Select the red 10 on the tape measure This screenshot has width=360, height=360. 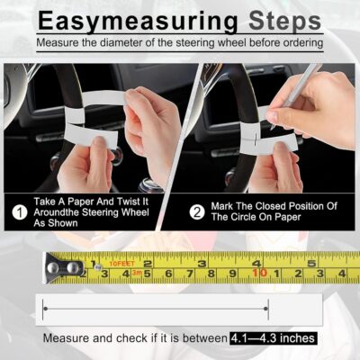click(x=261, y=272)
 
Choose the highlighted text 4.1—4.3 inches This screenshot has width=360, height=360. click(x=272, y=338)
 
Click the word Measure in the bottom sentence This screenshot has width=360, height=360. click(x=67, y=338)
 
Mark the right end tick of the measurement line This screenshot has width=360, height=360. click(x=266, y=310)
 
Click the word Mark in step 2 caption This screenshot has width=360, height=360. click(x=225, y=206)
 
